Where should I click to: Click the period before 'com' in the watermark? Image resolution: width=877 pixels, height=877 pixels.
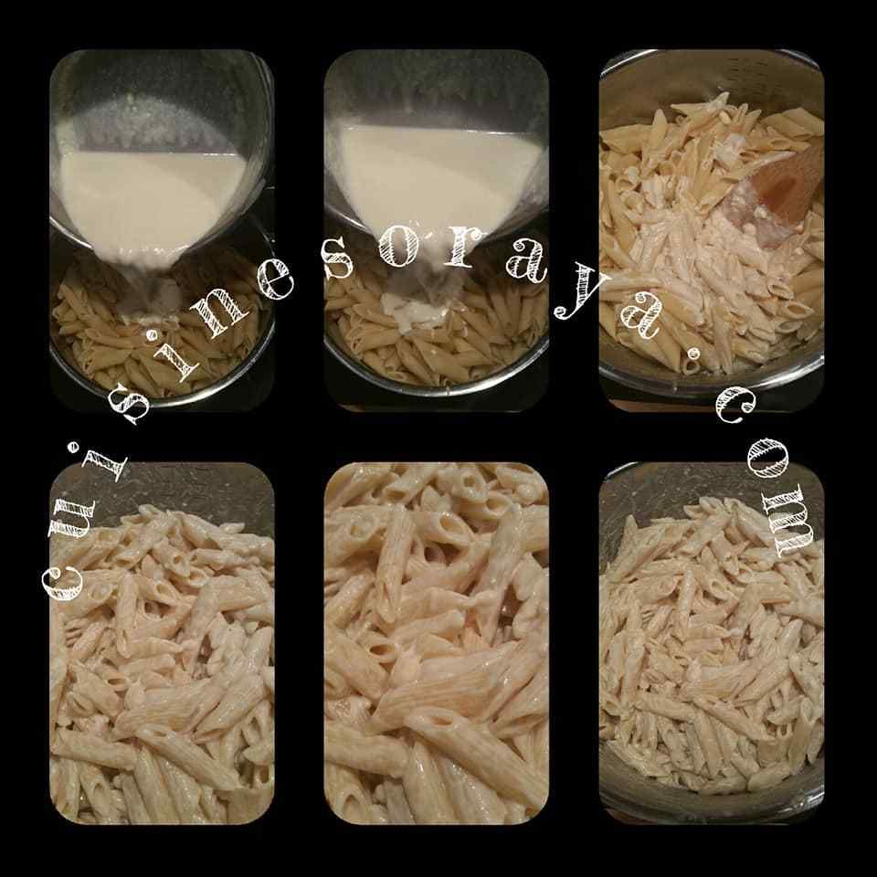[x=694, y=354]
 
